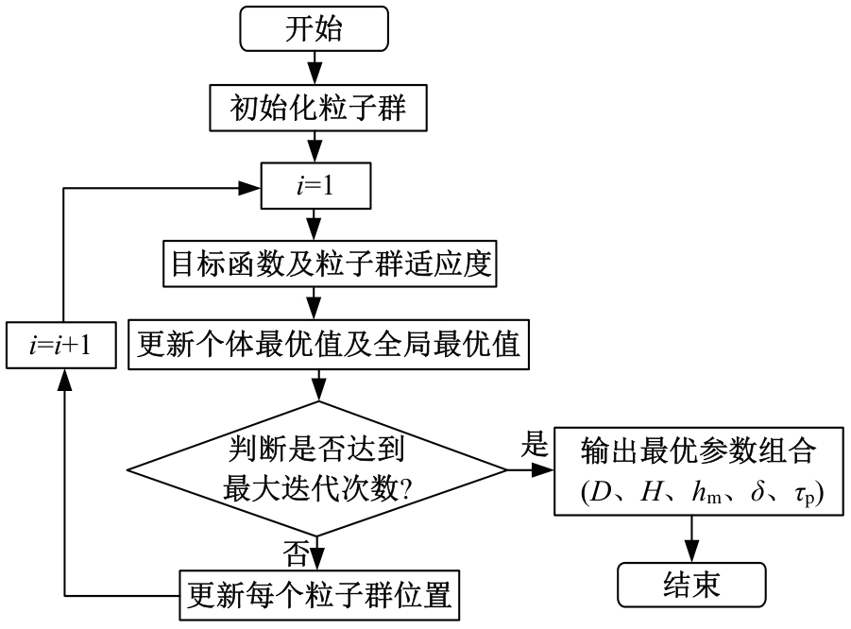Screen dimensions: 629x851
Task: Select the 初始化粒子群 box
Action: point(318,110)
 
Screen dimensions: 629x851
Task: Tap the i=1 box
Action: point(316,189)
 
